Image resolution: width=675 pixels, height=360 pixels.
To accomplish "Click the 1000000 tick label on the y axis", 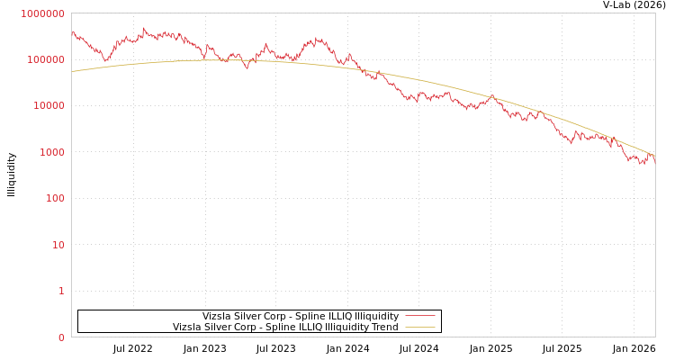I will pyautogui.click(x=43, y=13).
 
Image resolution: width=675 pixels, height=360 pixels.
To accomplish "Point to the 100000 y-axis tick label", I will pyautogui.click(x=46, y=59).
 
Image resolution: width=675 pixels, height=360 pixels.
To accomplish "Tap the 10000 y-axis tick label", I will pyautogui.click(x=49, y=106).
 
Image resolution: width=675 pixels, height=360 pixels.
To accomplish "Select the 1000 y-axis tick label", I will pyautogui.click(x=51, y=152).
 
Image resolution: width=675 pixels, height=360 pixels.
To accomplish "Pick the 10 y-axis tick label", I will pyautogui.click(x=58, y=245).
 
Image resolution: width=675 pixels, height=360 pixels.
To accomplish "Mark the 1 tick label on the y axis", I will pyautogui.click(x=61, y=291).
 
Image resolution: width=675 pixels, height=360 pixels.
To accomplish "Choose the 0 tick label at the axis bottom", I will pyautogui.click(x=61, y=337).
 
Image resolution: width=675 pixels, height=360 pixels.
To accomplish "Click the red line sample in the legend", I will pyautogui.click(x=420, y=317).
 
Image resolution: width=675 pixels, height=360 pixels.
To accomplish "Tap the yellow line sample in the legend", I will pyautogui.click(x=420, y=328).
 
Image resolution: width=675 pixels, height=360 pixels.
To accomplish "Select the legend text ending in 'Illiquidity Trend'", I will pyautogui.click(x=285, y=328).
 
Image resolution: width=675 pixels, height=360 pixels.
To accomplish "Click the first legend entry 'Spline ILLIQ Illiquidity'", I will pyautogui.click(x=301, y=317).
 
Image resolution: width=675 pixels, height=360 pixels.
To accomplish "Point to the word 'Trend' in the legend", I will pyautogui.click(x=383, y=328).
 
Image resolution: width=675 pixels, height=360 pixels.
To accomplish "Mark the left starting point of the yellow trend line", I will pyautogui.click(x=72, y=71).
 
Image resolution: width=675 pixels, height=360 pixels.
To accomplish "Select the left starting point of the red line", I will pyautogui.click(x=72, y=33).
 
